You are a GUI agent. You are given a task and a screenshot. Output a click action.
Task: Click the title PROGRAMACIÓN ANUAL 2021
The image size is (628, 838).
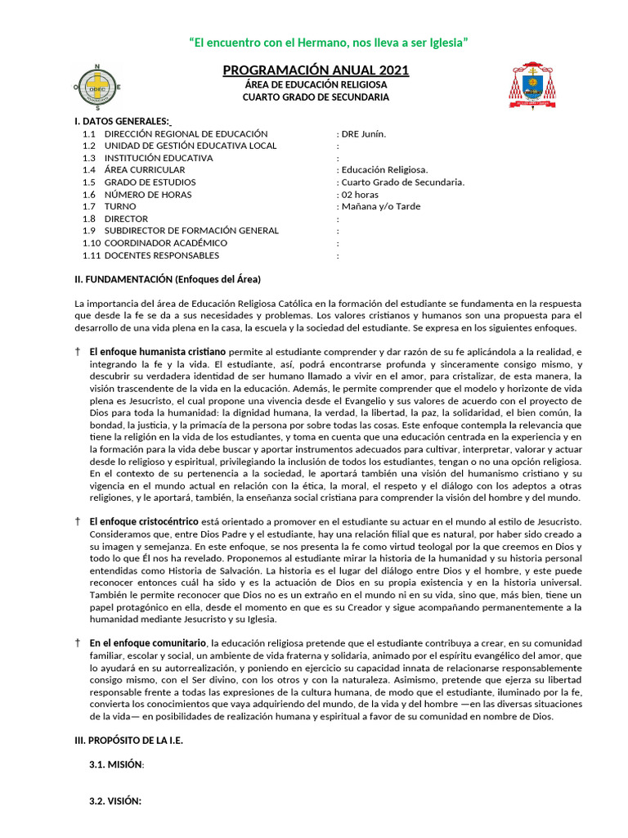click(316, 70)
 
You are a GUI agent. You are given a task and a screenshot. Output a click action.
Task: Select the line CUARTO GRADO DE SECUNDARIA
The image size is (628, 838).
click(316, 97)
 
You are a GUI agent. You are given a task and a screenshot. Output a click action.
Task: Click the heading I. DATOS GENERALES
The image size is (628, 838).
click(122, 121)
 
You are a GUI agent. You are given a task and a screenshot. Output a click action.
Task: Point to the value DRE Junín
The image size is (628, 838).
click(363, 133)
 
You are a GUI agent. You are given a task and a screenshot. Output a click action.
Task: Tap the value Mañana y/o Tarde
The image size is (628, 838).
click(380, 207)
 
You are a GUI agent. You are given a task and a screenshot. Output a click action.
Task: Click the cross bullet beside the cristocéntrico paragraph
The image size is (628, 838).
click(78, 521)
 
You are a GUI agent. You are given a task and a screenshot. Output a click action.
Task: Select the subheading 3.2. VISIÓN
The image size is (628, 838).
click(115, 802)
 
